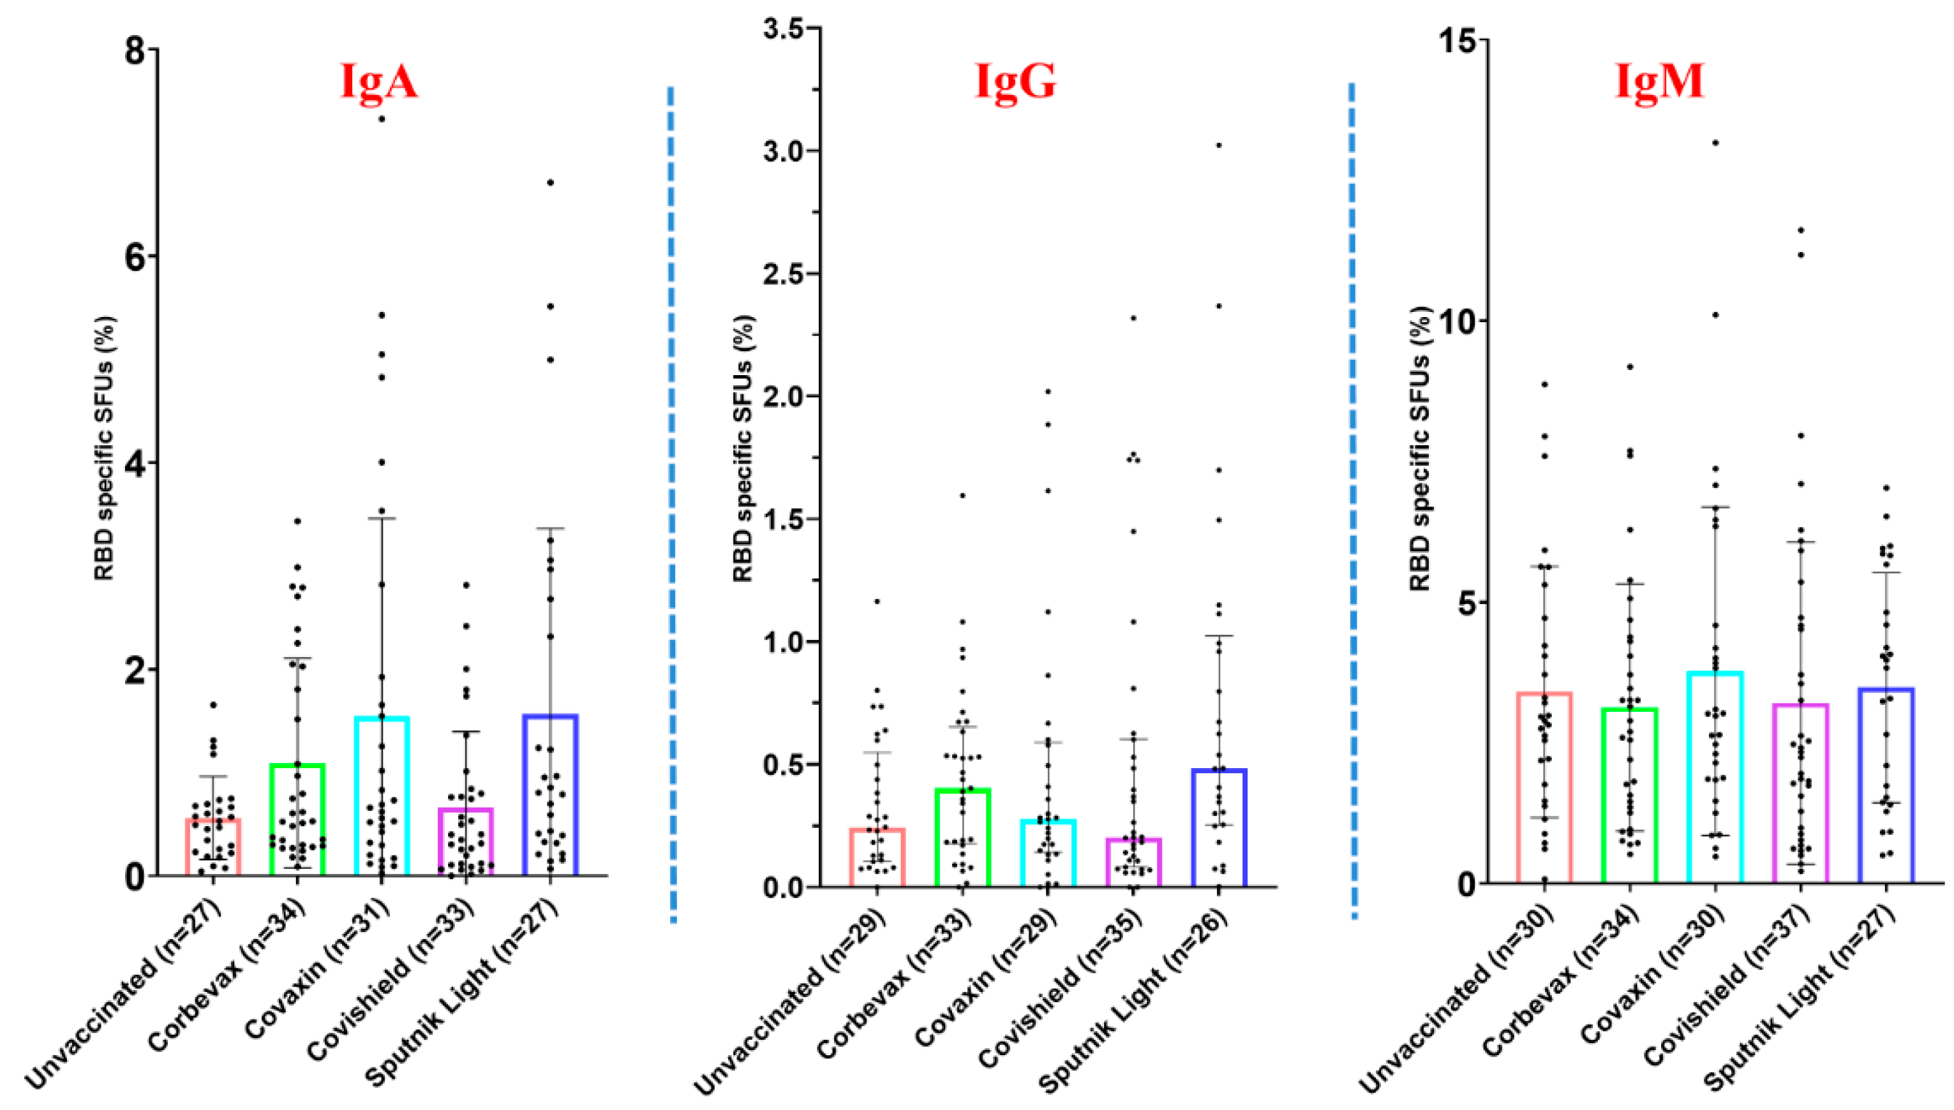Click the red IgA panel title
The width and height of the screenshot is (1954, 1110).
(379, 82)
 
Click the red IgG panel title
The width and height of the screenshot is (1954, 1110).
(1015, 82)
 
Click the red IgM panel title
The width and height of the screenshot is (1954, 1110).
(1660, 82)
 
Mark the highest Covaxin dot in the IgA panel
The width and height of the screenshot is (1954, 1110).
(382, 119)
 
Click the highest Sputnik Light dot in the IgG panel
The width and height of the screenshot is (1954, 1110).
(1218, 145)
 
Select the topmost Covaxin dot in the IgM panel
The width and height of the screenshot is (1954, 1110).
(1715, 142)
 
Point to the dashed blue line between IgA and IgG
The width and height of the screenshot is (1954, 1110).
(672, 503)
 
